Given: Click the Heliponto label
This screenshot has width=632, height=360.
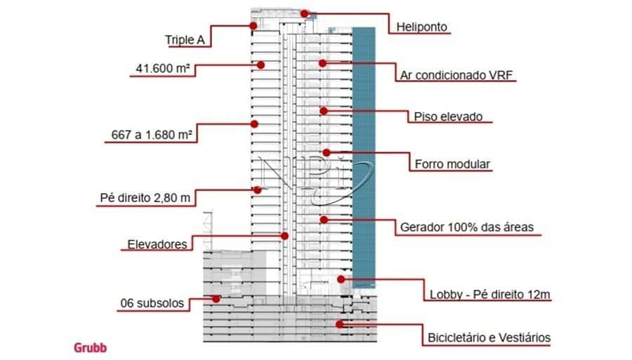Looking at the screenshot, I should (x=422, y=27).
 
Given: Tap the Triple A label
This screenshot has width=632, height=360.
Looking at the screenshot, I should (x=185, y=40).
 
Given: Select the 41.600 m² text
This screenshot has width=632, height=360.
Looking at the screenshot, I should (x=162, y=69).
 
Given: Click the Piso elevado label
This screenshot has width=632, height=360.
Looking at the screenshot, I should (x=448, y=116).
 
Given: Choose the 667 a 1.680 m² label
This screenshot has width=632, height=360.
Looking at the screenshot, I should (x=152, y=134).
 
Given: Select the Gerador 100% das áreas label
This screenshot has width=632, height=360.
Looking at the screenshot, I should (x=467, y=227).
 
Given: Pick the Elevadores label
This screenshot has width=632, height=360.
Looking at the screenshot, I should (x=157, y=245).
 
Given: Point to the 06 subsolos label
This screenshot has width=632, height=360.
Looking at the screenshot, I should (x=152, y=304).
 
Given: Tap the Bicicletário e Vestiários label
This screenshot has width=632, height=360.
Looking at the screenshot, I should (x=489, y=338).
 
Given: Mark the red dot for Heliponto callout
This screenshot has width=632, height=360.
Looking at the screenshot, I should (x=304, y=13).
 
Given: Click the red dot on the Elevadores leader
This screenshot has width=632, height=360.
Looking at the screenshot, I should (x=285, y=235).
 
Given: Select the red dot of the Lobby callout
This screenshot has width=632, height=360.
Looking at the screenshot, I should (x=341, y=279).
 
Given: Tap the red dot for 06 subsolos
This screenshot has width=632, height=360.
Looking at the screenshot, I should (x=217, y=298).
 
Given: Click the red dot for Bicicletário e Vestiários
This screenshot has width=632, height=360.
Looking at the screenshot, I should (x=338, y=324).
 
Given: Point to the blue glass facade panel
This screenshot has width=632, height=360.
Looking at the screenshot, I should (x=364, y=154).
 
